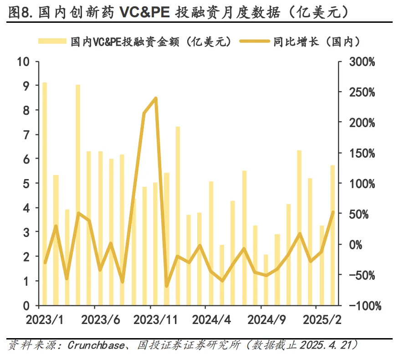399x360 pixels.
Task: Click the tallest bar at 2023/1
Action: pos(45,194)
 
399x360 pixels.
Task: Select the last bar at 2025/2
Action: pos(332,235)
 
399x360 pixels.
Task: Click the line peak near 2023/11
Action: pos(156,98)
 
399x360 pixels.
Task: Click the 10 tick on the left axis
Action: pos(22,62)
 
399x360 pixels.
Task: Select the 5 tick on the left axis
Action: pos(26,184)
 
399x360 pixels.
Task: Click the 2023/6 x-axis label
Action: pos(101,319)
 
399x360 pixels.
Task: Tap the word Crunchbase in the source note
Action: pos(96,345)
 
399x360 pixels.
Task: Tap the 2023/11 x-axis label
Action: pos(156,319)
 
